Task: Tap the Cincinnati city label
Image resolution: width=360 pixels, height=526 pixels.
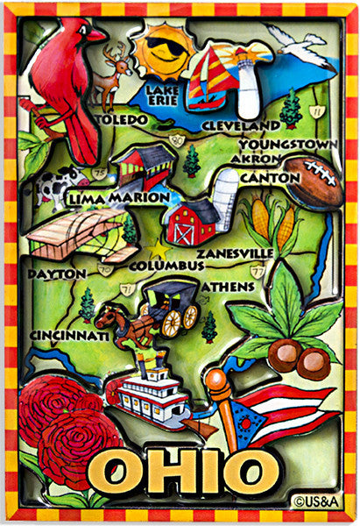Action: [70, 336]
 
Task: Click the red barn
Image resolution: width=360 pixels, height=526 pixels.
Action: [191, 224]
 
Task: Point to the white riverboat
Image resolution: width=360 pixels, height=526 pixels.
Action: [154, 398]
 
